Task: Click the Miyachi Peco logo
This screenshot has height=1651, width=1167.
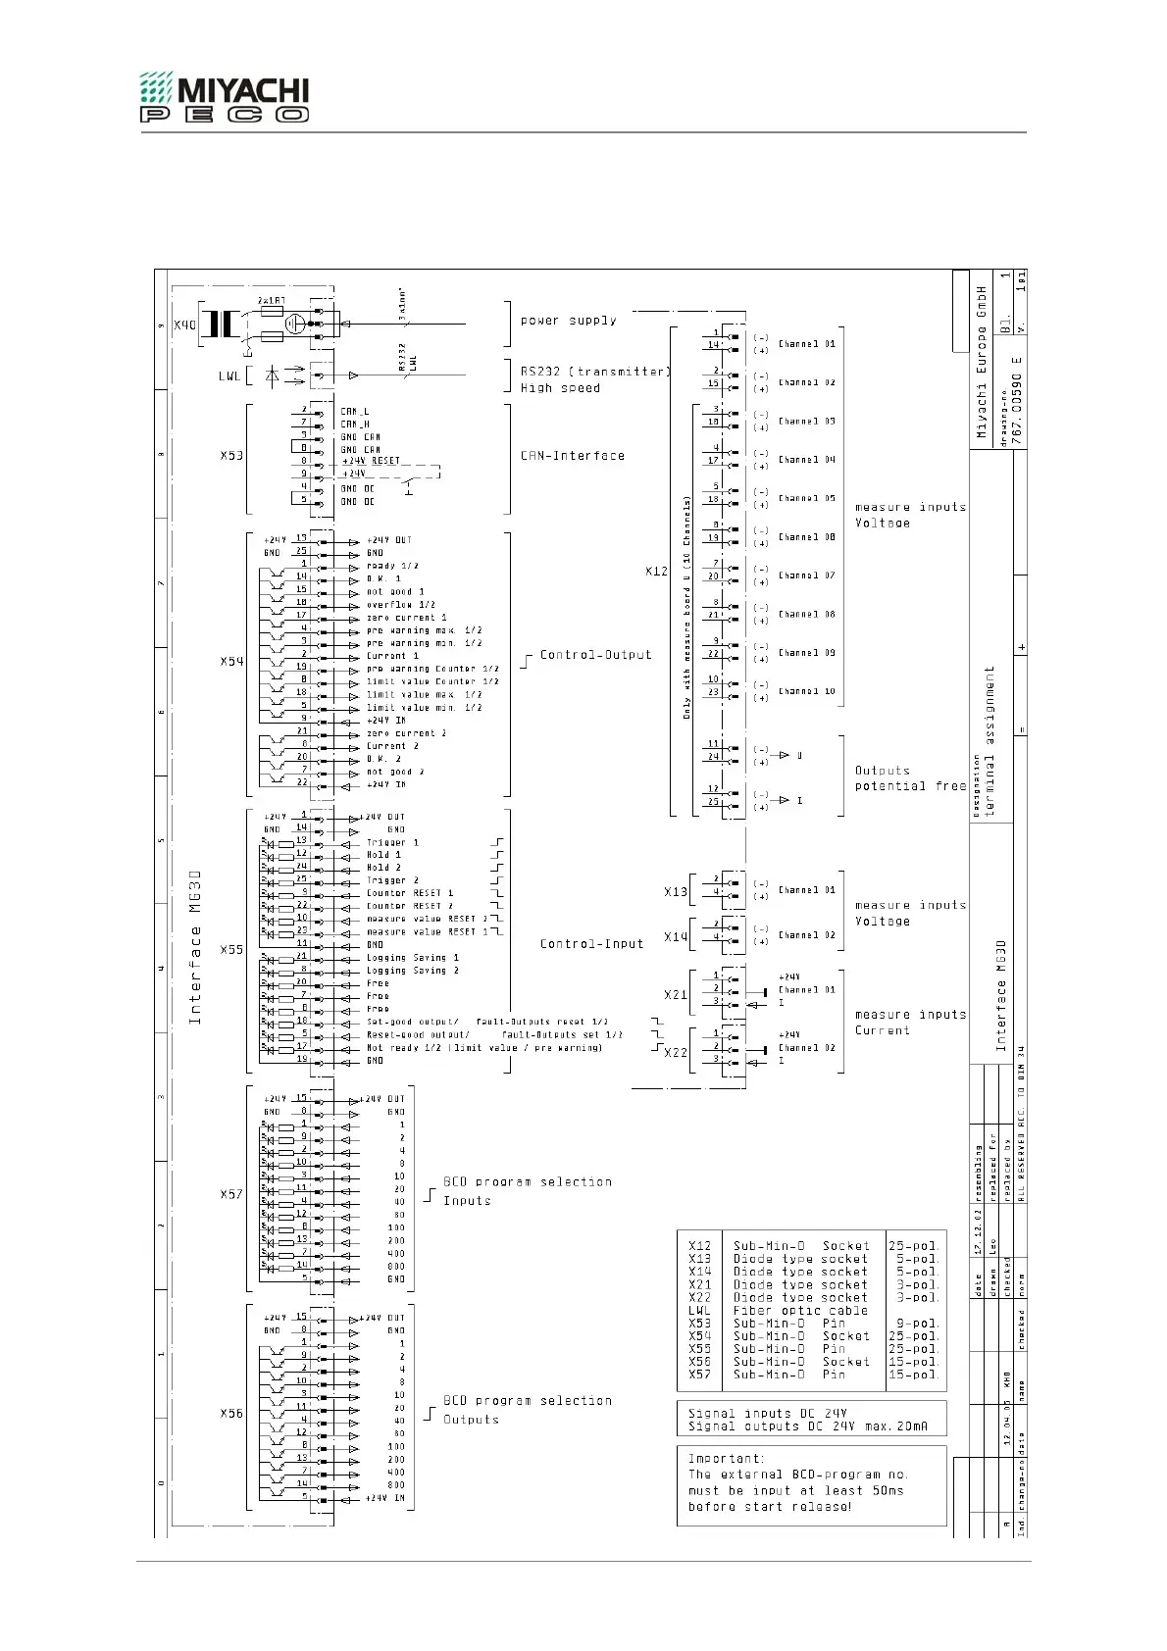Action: point(224,96)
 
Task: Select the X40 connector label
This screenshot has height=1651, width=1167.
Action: point(184,325)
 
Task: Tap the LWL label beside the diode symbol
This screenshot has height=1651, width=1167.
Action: point(228,375)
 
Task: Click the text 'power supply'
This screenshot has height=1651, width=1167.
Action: point(569,321)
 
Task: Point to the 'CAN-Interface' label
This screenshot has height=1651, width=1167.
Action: point(572,456)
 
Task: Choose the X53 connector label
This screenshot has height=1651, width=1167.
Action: point(231,456)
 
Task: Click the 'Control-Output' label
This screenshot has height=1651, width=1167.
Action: point(595,655)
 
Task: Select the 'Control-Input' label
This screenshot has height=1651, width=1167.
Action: point(591,944)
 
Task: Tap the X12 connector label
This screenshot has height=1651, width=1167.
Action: point(656,571)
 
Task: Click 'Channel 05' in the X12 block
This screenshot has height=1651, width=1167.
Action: point(806,498)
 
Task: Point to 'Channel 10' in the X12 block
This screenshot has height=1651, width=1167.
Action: point(806,691)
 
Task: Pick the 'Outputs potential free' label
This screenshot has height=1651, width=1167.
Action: point(909,778)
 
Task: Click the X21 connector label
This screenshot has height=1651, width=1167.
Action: point(675,995)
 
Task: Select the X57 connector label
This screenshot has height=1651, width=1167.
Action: point(231,1195)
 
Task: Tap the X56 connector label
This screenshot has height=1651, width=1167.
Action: point(231,1414)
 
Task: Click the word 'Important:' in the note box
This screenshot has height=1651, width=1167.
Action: point(725,1459)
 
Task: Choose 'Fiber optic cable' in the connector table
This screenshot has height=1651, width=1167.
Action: point(800,1311)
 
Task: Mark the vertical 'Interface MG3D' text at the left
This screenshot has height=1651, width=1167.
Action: point(195,946)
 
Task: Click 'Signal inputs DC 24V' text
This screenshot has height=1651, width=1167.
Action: point(767,1414)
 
